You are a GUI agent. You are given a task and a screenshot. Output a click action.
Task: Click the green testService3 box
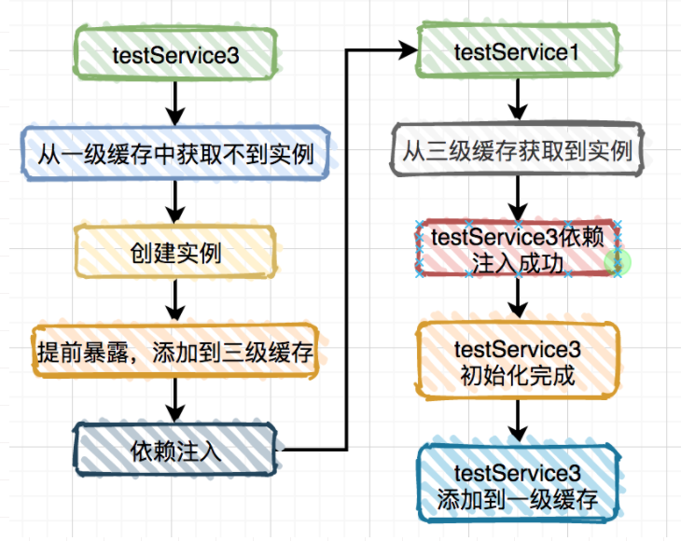pyautogui.click(x=175, y=54)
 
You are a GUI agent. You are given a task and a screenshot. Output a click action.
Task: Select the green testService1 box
pyautogui.click(x=517, y=51)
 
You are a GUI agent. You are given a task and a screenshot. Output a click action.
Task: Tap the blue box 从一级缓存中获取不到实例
pyautogui.click(x=175, y=153)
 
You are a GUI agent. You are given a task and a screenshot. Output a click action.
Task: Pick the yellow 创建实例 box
pyautogui.click(x=175, y=252)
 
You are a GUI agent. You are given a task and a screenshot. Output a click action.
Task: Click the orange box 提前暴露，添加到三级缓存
pyautogui.click(x=175, y=351)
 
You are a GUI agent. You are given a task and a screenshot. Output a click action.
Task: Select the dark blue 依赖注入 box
pyautogui.click(x=175, y=450)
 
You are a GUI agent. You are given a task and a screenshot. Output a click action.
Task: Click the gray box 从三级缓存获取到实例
pyautogui.click(x=517, y=150)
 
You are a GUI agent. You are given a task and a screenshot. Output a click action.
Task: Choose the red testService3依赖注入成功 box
pyautogui.click(x=517, y=248)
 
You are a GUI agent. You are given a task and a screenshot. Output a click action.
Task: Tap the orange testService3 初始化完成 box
pyautogui.click(x=517, y=360)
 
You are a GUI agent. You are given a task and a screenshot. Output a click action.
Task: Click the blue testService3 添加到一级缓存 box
pyautogui.click(x=517, y=484)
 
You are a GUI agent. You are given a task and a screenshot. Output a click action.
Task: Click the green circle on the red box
pyautogui.click(x=618, y=263)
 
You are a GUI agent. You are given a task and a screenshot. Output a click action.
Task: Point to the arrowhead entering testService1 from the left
pyautogui.click(x=410, y=50)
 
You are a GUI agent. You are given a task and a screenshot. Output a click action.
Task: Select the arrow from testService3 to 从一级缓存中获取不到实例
pyautogui.click(x=175, y=104)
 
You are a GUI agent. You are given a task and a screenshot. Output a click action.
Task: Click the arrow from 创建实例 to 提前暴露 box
pyautogui.click(x=175, y=300)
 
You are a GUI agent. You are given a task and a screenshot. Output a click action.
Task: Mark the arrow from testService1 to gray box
pyautogui.click(x=517, y=100)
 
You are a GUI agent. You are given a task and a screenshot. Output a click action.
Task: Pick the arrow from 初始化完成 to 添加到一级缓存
pyautogui.click(x=517, y=422)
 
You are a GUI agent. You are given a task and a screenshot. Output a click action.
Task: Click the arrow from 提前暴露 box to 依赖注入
pyautogui.click(x=175, y=400)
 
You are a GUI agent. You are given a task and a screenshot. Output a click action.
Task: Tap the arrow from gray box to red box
pyautogui.click(x=517, y=198)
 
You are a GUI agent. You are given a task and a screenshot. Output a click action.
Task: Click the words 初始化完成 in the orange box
pyautogui.click(x=517, y=375)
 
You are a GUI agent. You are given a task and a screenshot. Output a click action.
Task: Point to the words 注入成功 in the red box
pyautogui.click(x=517, y=263)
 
